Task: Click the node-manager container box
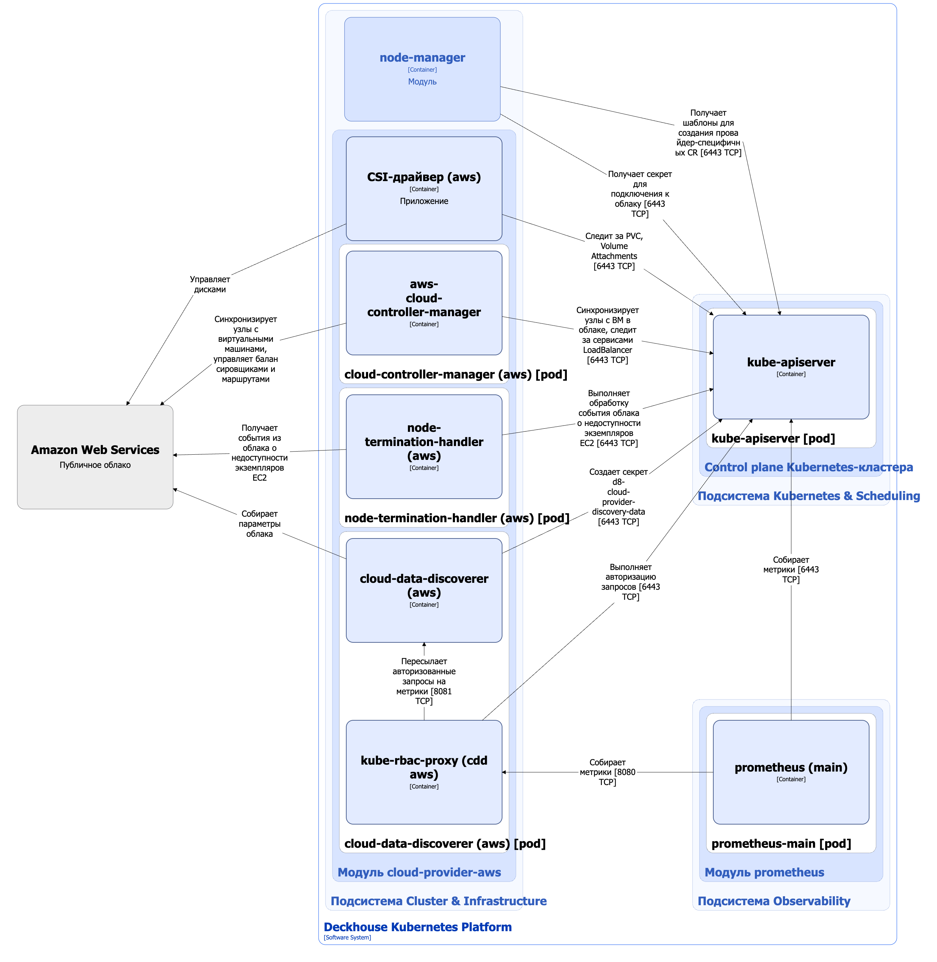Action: [422, 69]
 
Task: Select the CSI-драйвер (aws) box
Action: [424, 188]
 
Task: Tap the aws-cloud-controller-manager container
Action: [424, 303]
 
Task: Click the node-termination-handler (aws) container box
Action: [424, 447]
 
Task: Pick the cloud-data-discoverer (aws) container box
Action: [424, 590]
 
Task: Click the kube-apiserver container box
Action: [791, 367]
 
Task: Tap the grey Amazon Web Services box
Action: [95, 457]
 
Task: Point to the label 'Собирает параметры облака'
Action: [259, 524]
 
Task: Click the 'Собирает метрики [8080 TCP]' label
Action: [607, 772]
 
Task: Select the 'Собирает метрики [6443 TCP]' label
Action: [791, 569]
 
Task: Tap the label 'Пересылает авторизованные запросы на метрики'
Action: [424, 681]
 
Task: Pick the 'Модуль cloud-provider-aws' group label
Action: [419, 872]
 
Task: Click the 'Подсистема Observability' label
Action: [774, 901]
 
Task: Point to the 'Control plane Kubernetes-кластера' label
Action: [809, 467]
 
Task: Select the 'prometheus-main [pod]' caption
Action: [781, 844]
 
